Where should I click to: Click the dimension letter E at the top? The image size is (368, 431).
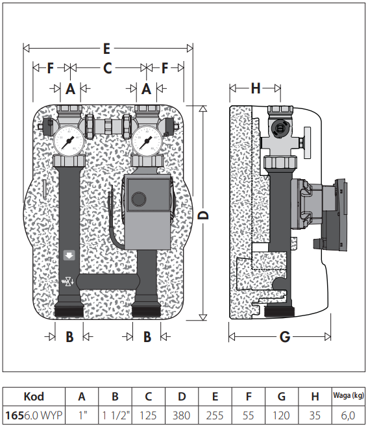tap(106, 49)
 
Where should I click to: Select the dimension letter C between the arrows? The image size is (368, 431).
tap(108, 68)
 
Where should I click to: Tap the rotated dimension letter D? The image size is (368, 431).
tap(203, 215)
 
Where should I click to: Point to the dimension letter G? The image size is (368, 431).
tap(285, 337)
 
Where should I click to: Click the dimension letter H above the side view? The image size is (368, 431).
tap(256, 88)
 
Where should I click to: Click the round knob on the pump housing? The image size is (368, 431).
tap(139, 199)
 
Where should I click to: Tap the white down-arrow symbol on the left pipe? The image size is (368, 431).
tap(69, 255)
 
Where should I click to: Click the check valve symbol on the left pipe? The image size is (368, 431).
tap(68, 282)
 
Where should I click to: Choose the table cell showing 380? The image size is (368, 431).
tap(181, 415)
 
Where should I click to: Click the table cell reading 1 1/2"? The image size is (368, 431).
tap(115, 415)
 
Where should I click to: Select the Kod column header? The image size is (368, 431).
tap(34, 397)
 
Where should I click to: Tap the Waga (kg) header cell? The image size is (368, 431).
tap(349, 396)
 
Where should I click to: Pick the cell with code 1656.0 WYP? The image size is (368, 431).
tap(34, 415)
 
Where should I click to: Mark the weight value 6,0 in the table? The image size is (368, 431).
tap(349, 415)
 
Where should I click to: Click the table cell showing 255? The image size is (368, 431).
tap(215, 415)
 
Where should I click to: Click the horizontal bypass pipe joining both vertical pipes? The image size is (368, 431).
tap(108, 282)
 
